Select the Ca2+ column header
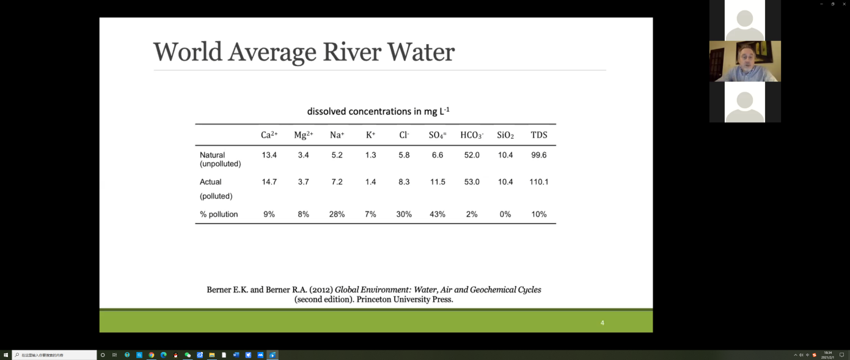pyautogui.click(x=269, y=135)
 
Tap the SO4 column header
pyautogui.click(x=438, y=135)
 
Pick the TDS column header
pyautogui.click(x=539, y=135)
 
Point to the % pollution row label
pyautogui.click(x=219, y=215)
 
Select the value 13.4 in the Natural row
pyautogui.click(x=269, y=155)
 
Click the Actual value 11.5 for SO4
pyautogui.click(x=438, y=182)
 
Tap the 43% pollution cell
pyautogui.click(x=438, y=215)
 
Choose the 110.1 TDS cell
pyautogui.click(x=539, y=182)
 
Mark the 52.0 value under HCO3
pyautogui.click(x=472, y=155)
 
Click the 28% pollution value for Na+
pyautogui.click(x=337, y=215)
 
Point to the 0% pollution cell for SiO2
pyautogui.click(x=505, y=215)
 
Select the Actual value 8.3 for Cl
pyautogui.click(x=404, y=182)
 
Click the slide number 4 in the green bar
pyautogui.click(x=603, y=323)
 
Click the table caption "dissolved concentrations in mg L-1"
pyautogui.click(x=378, y=111)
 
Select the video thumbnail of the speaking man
pyautogui.click(x=745, y=61)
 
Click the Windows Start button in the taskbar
pyautogui.click(x=5, y=355)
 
